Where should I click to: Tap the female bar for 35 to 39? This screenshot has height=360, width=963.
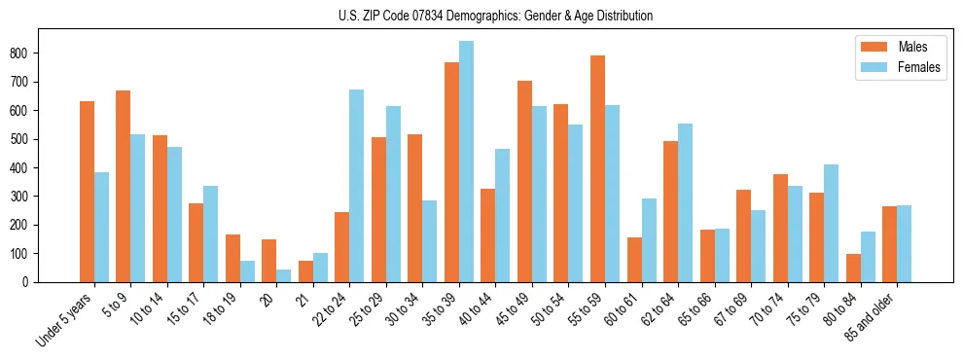coord(466,162)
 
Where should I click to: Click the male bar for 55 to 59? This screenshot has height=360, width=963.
coord(597,168)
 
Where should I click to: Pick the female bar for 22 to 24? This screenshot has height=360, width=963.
coord(357,186)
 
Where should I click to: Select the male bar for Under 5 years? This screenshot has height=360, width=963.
coord(87,192)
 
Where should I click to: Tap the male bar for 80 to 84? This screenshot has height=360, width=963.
coord(853,268)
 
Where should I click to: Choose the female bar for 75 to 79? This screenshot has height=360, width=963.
coord(831,223)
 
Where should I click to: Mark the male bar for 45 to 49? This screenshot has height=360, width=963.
coord(524,181)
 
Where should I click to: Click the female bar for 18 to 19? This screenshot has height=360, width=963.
coord(247,271)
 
